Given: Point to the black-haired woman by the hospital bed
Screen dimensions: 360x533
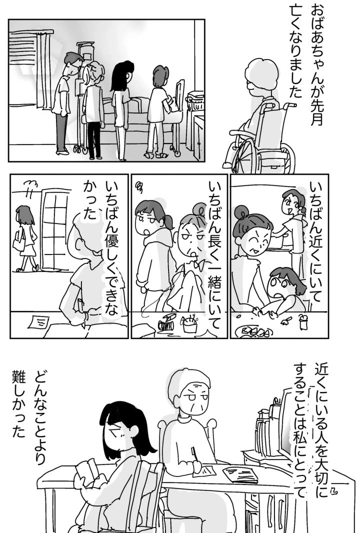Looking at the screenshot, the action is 120,109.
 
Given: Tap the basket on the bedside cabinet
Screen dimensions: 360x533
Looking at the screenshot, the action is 195,100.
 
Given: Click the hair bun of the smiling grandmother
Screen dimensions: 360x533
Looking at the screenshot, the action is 241,212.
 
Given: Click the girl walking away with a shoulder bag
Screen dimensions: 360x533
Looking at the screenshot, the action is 26,238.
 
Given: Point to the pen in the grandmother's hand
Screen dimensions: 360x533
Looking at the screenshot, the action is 194,454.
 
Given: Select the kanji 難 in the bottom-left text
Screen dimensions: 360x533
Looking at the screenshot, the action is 18,377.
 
